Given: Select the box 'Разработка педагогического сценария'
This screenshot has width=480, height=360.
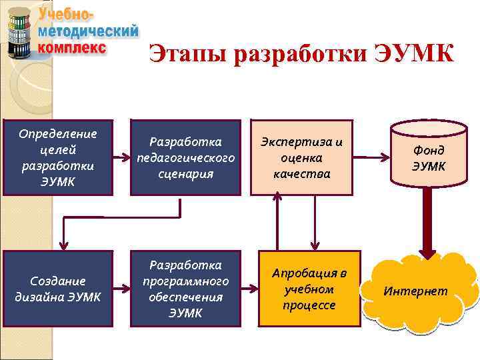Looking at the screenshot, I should tap(185, 157).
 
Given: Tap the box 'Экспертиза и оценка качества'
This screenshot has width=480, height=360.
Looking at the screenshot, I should tap(301, 157).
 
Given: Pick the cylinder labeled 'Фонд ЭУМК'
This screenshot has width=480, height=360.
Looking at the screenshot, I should tap(427, 157).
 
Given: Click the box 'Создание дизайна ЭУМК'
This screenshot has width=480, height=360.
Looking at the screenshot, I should tap(57, 289).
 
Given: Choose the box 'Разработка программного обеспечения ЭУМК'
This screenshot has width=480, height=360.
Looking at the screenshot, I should tap(185, 289).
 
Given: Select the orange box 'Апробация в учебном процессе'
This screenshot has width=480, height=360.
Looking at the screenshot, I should tap(309, 289).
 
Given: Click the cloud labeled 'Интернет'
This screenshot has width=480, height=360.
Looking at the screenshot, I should tap(419, 291).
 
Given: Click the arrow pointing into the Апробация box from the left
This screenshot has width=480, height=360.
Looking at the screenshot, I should tap(250, 289).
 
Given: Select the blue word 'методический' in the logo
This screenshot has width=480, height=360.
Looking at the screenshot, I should tap(89, 32).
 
